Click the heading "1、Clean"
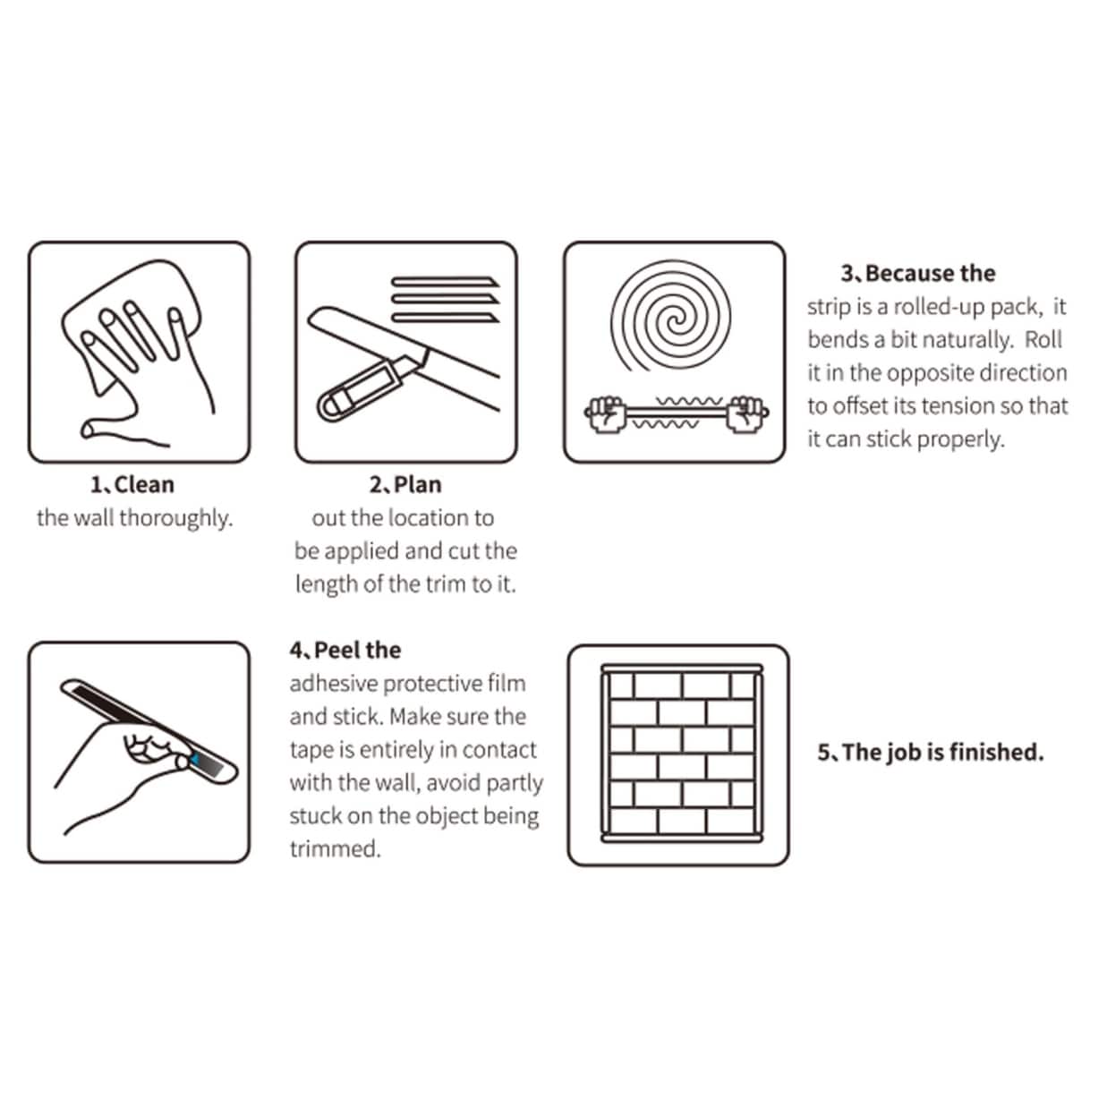pos(132,485)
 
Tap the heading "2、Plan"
pos(405,485)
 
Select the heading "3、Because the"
pos(918,274)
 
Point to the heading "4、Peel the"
pos(345,651)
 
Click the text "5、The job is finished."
pos(931,752)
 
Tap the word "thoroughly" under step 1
pos(175,518)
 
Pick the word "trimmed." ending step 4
pos(336,849)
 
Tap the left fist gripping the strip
pos(604,413)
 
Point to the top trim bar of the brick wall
pos(682,668)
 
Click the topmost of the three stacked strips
pos(445,283)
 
